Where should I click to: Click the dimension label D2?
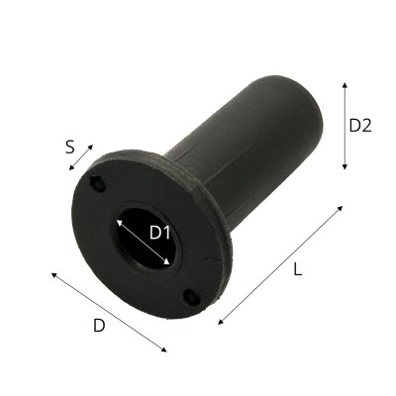point(360,126)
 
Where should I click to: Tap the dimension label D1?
point(159,233)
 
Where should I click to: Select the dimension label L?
point(298,270)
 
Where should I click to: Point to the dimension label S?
point(69,148)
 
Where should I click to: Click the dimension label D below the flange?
point(99,326)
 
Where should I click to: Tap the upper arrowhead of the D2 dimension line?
point(345,84)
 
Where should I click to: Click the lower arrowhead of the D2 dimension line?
point(345,167)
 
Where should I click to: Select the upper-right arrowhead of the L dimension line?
point(341,208)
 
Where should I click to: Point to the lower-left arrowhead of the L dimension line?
point(221,322)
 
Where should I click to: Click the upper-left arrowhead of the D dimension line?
point(53,274)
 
